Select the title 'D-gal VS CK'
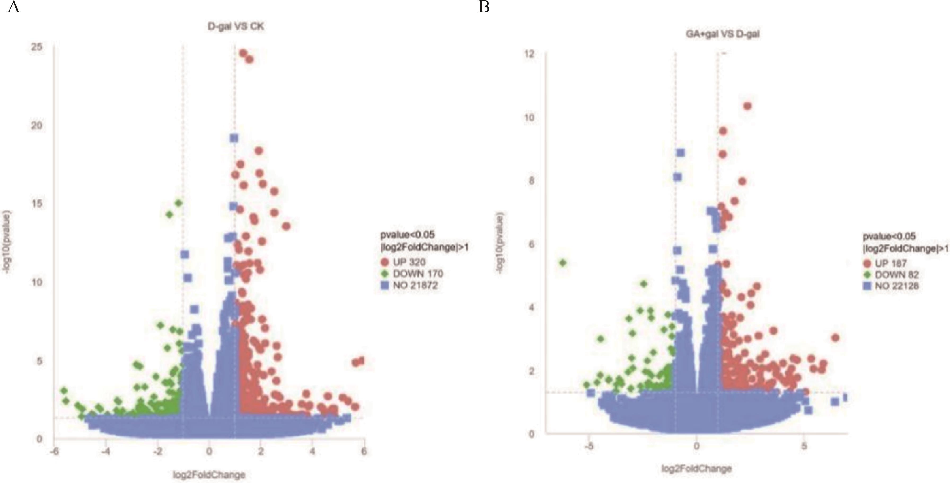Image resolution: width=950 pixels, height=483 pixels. tap(236, 26)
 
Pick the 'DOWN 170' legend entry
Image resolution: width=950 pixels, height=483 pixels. tap(417, 274)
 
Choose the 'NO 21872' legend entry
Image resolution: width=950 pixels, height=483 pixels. tap(415, 285)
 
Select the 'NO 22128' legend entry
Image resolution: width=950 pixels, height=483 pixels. tap(896, 286)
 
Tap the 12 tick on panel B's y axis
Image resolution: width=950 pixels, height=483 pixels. tap(529, 54)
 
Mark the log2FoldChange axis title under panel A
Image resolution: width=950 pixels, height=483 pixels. tap(209, 475)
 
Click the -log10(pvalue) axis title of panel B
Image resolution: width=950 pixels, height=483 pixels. tap(500, 243)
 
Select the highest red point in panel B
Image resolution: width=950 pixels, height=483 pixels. tap(747, 106)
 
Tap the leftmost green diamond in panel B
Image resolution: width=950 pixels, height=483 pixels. tap(563, 263)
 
